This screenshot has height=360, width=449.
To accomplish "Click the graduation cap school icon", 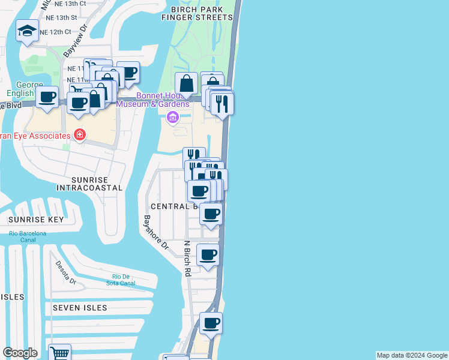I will (27, 31).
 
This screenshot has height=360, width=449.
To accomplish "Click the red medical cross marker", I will (79, 134).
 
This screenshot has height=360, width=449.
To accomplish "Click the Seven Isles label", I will (80, 308).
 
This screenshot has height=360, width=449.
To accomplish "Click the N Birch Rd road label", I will (187, 258).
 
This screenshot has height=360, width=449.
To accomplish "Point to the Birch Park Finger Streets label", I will (196, 14).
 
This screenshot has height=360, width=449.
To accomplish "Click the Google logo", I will (20, 353).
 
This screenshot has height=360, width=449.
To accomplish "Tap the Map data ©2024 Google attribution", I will (412, 355).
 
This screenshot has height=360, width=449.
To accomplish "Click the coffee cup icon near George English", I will (47, 97).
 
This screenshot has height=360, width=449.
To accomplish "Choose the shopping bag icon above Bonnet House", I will (187, 83).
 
